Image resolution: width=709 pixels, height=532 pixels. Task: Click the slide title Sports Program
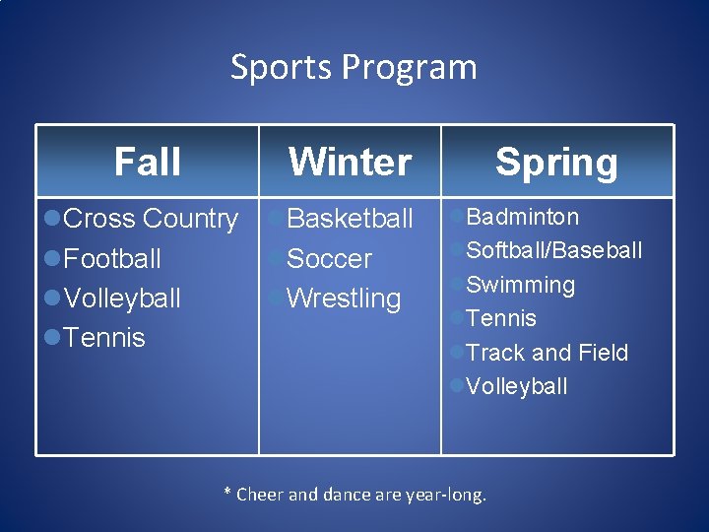(354, 67)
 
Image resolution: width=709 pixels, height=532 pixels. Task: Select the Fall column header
(148, 162)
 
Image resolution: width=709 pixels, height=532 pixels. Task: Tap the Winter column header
(350, 162)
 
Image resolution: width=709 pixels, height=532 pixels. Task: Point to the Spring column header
(556, 162)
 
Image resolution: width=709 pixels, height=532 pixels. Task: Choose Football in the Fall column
(111, 259)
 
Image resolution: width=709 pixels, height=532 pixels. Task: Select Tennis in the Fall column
(103, 338)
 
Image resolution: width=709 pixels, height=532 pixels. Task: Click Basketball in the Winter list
(350, 219)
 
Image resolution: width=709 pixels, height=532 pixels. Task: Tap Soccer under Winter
(329, 259)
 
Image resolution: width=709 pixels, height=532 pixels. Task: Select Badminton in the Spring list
(522, 217)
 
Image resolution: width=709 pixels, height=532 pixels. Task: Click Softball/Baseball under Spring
(553, 250)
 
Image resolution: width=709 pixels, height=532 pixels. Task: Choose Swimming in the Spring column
(520, 285)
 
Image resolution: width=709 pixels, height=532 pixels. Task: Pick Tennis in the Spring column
(500, 318)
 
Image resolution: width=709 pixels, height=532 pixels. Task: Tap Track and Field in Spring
(547, 353)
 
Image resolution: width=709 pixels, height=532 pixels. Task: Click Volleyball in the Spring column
(516, 386)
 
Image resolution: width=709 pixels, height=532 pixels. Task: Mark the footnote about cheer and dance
(355, 495)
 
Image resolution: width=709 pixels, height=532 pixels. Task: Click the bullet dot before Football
(53, 259)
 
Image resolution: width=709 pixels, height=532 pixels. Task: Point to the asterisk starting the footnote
(228, 494)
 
